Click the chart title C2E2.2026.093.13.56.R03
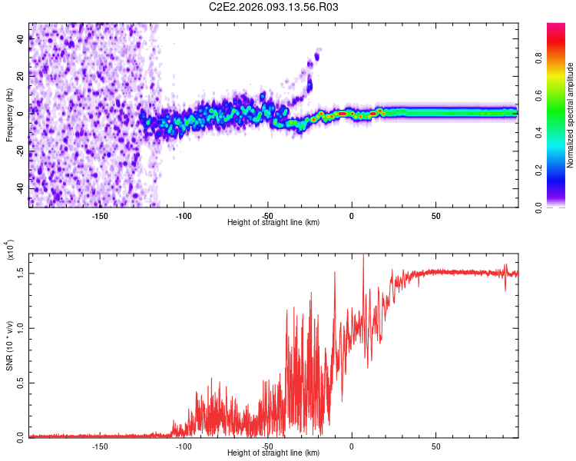coord(274,8)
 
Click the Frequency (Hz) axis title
coord(10,114)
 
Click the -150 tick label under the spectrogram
coord(100,215)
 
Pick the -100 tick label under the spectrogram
coord(184,215)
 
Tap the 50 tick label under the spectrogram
coord(435,215)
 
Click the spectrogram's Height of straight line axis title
coord(274,223)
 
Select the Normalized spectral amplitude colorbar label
coord(571,115)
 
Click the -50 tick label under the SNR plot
coord(267,446)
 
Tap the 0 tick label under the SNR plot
coord(352,446)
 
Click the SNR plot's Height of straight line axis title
coord(274,454)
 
